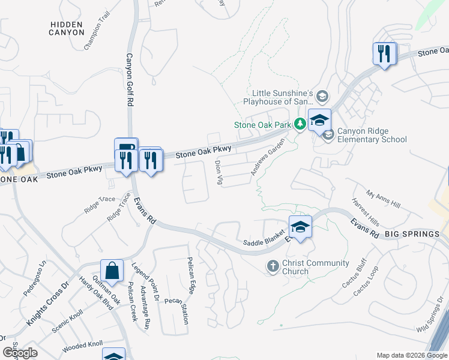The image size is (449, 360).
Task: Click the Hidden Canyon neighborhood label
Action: point(67,28)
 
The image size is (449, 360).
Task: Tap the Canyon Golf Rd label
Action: point(129,80)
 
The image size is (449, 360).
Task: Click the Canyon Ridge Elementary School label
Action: point(372,136)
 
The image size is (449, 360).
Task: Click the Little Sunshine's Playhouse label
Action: point(282,97)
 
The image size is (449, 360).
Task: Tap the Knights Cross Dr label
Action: point(49,306)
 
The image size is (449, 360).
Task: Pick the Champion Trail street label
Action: point(97,37)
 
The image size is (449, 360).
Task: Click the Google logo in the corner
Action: point(20,353)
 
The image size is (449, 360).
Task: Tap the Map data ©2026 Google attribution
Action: point(411,355)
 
